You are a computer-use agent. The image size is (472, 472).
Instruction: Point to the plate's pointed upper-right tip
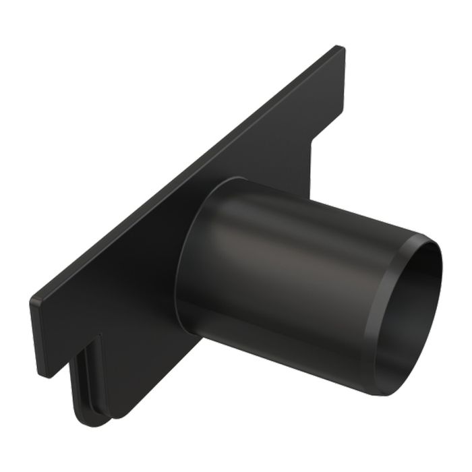339,48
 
